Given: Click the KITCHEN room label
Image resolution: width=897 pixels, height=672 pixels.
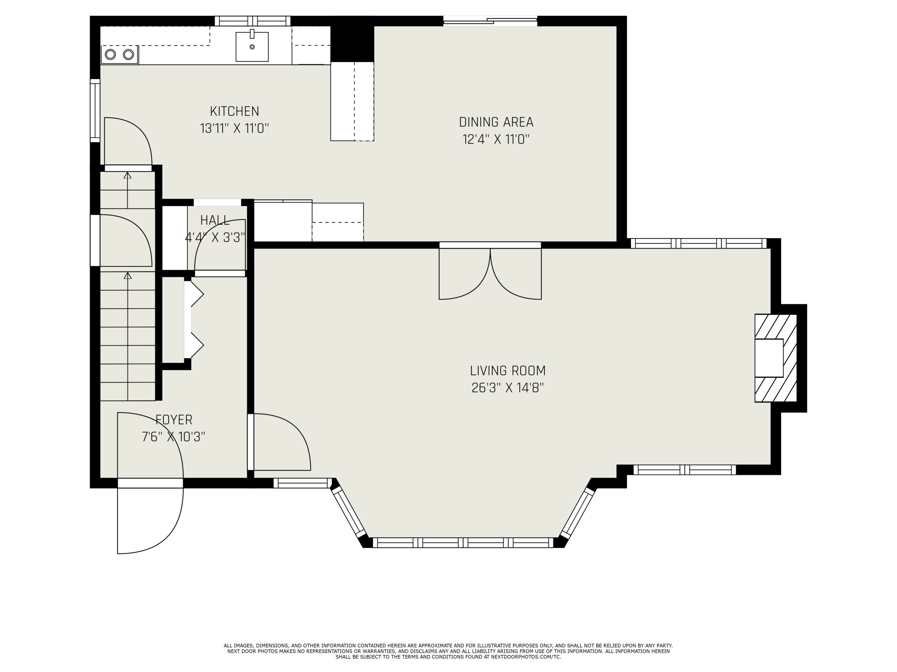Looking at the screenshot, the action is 234,111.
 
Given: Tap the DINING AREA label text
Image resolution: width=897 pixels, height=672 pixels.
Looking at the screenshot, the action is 496,122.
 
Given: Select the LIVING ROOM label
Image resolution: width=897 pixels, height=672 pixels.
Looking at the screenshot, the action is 508,371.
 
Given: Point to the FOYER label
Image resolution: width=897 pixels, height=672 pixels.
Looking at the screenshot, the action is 174,420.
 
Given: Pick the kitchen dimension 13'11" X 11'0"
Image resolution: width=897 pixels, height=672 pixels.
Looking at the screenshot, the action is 234,128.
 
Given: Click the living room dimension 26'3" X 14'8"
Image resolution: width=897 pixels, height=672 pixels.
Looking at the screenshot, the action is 508,388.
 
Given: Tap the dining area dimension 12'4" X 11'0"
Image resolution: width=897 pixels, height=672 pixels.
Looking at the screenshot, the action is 496,139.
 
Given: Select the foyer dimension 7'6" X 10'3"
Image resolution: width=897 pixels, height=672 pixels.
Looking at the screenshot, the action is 173,437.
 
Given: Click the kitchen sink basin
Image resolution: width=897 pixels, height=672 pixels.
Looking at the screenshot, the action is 252,47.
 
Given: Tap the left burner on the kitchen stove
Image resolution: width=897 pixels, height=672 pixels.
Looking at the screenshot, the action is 110,54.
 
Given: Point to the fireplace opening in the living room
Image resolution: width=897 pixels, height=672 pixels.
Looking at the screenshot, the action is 769,358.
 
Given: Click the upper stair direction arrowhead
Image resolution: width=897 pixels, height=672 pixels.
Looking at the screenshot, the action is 128,175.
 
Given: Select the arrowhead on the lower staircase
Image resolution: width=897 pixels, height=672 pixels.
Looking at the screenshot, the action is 128,275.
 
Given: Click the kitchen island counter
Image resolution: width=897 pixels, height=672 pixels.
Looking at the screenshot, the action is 352,101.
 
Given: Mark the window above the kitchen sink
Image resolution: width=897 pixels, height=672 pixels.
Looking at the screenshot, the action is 253,21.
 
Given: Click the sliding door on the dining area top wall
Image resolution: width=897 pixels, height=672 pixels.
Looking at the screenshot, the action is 490,21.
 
